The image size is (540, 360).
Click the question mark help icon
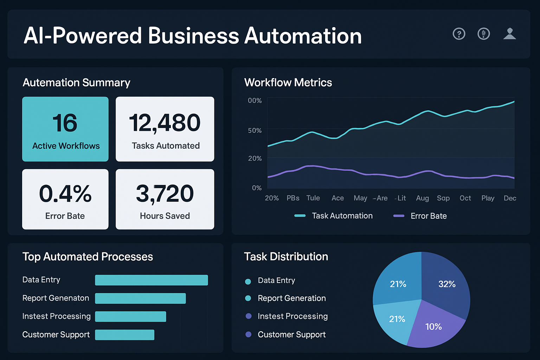(x=459, y=34)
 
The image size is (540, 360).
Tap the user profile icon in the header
(x=509, y=34)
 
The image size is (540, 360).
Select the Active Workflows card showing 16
(x=65, y=129)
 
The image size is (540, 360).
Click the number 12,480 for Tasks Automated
(x=165, y=123)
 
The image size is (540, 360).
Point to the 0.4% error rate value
(x=65, y=193)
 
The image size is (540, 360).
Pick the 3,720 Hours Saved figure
(x=165, y=193)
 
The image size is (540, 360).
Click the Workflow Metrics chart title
(x=288, y=82)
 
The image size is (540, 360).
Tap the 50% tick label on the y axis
(x=255, y=130)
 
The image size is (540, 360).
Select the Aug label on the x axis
(x=422, y=198)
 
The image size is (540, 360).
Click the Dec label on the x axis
(x=510, y=198)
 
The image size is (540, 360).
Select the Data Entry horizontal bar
(x=151, y=280)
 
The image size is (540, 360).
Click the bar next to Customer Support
(x=124, y=335)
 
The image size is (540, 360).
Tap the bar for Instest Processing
(x=130, y=316)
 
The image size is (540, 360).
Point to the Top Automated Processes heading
(x=88, y=257)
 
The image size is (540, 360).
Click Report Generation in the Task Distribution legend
(x=291, y=298)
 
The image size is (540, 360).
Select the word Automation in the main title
(x=303, y=36)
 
